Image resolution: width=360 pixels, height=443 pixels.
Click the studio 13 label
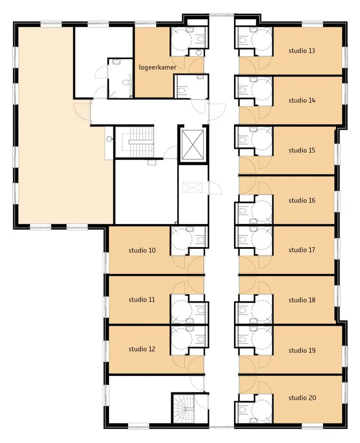pos(302,51)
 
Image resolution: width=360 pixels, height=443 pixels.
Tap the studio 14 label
pos(302,100)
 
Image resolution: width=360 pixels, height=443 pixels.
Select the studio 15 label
pos(302,150)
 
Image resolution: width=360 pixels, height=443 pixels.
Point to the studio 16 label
pos(302,201)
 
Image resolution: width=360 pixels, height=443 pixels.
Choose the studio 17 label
pos(302,250)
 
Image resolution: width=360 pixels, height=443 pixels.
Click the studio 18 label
pos(302,300)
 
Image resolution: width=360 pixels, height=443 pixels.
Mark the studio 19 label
pos(302,350)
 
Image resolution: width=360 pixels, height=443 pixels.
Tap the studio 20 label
pos(302,398)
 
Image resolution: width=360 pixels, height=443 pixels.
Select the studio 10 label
pos(142,250)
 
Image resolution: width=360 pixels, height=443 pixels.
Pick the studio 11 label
pos(141,299)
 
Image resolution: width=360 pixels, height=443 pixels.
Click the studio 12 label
pos(141,349)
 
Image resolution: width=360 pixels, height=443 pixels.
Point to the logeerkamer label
pos(157,67)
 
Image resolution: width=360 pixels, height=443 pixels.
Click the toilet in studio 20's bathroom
pos(242,409)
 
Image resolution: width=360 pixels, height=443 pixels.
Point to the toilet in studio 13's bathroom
pos(242,40)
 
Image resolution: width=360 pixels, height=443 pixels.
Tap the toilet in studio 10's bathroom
pos(200,240)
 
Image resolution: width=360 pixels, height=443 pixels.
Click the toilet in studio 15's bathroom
pos(242,140)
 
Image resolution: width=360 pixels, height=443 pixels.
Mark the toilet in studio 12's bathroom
pos(200,339)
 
